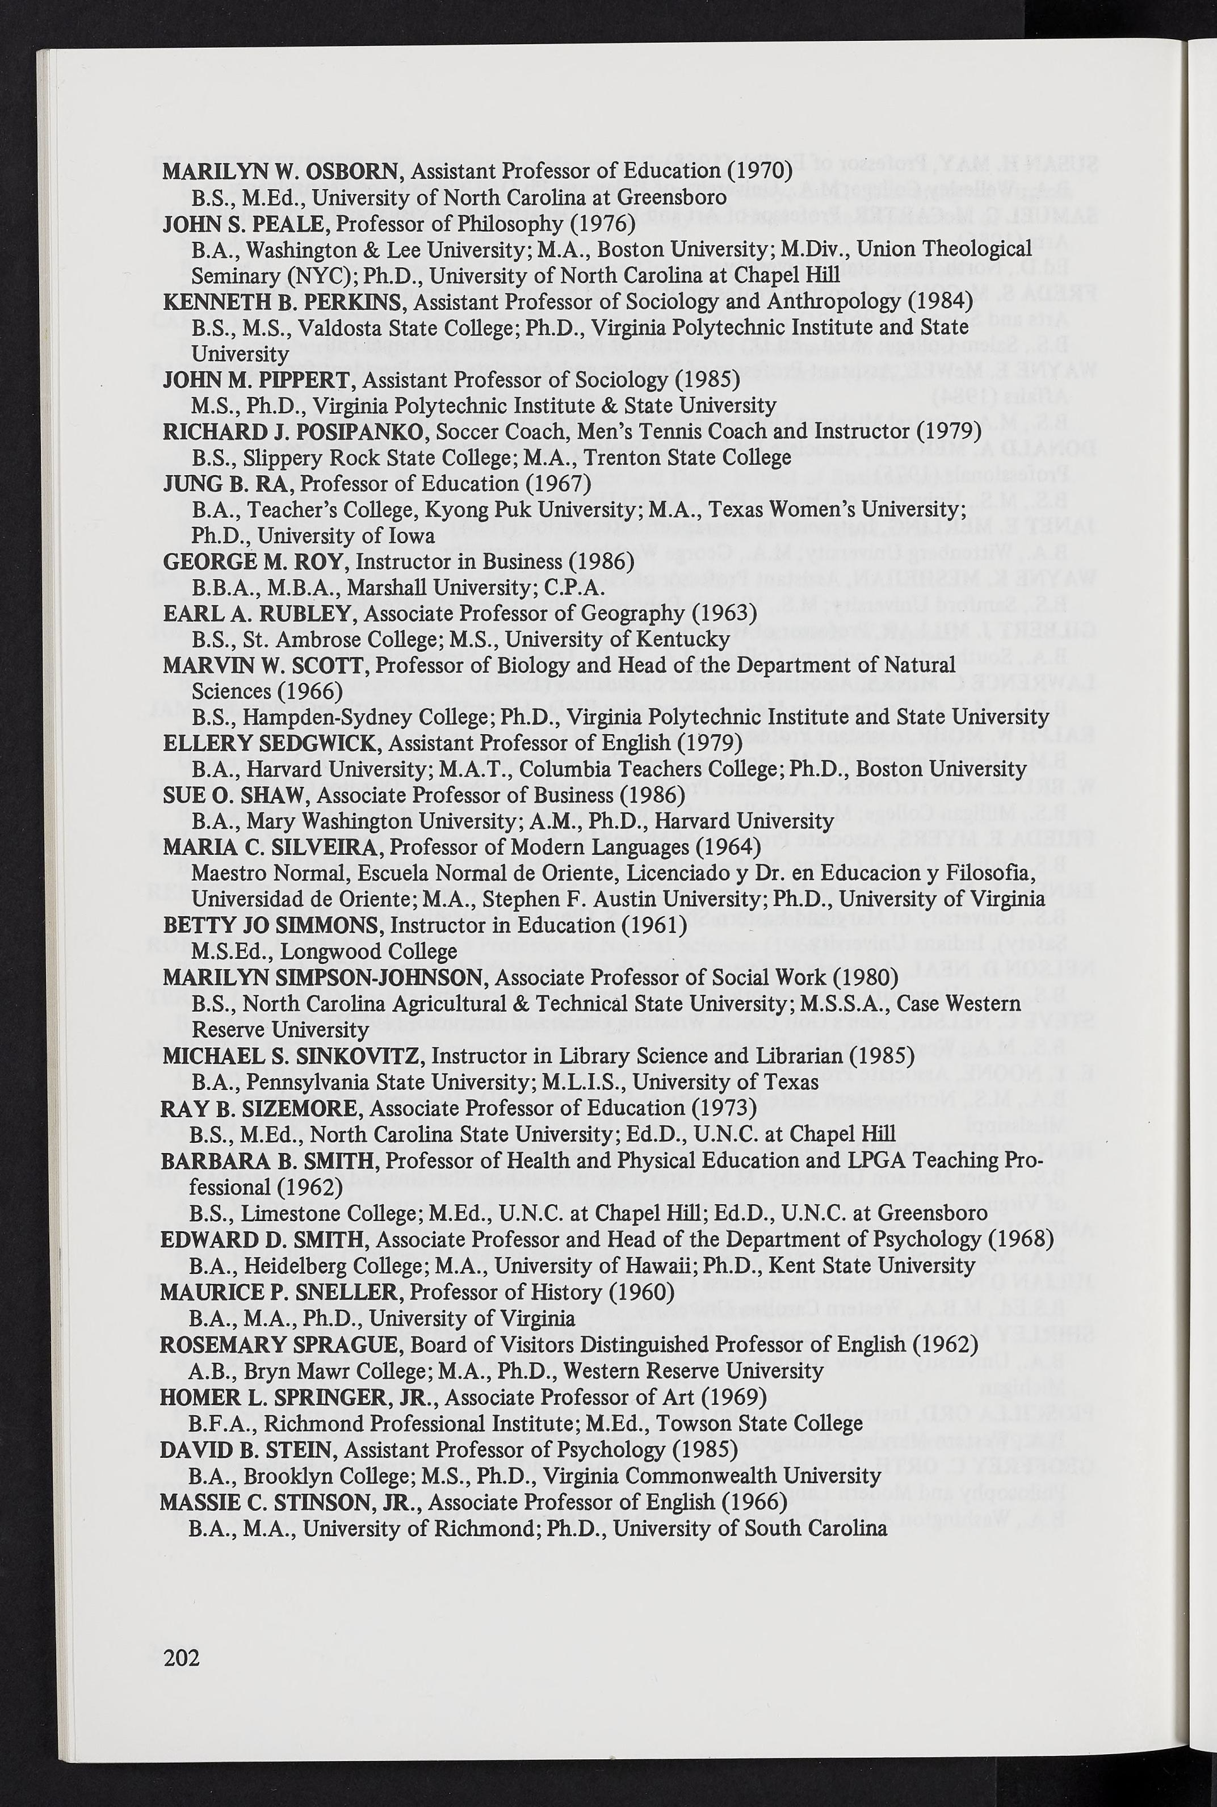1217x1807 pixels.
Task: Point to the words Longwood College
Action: pyautogui.click(x=368, y=951)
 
